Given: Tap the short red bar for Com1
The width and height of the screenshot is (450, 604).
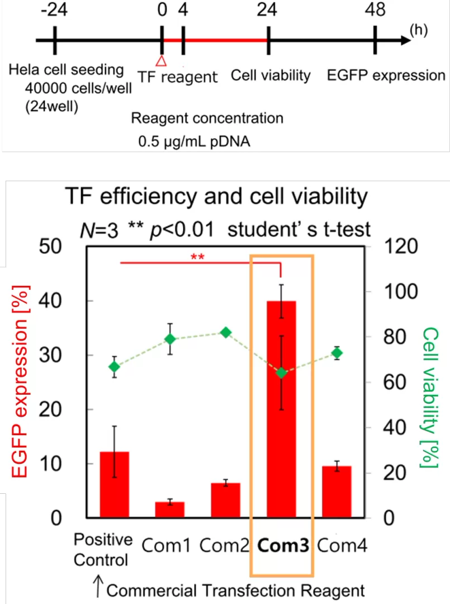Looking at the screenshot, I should tap(170, 510).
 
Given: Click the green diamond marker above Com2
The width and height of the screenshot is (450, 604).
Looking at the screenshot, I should tap(226, 333).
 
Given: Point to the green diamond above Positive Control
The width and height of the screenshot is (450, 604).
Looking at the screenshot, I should tap(115, 367).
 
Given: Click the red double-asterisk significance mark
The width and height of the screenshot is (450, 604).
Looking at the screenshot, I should tap(197, 257).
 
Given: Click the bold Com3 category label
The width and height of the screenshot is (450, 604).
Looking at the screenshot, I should tap(283, 545).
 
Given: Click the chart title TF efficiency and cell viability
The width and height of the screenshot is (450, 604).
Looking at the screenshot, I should tap(216, 197).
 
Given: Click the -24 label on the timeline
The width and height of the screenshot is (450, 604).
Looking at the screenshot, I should tap(54, 11).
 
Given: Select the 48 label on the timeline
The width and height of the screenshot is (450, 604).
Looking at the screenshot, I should tap(375, 11).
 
